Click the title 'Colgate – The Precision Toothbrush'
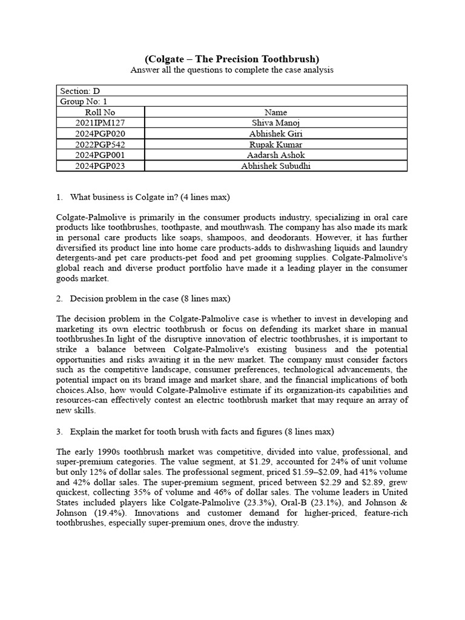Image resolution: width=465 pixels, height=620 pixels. (x=232, y=59)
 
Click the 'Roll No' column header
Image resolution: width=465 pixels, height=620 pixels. (x=100, y=112)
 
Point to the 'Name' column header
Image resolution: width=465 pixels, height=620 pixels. (x=276, y=112)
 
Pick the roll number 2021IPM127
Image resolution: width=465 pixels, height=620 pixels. (x=100, y=123)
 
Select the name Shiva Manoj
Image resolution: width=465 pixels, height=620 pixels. (x=276, y=123)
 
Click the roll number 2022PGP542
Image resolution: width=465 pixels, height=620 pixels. (x=100, y=145)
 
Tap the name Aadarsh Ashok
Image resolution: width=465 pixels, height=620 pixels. (x=276, y=155)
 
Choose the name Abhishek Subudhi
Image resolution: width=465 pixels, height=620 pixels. (x=276, y=166)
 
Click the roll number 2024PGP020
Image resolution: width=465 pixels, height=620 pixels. (x=100, y=134)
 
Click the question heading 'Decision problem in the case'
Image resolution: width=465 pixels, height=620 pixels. (x=150, y=298)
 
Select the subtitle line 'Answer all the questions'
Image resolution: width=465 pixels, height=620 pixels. (x=232, y=70)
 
